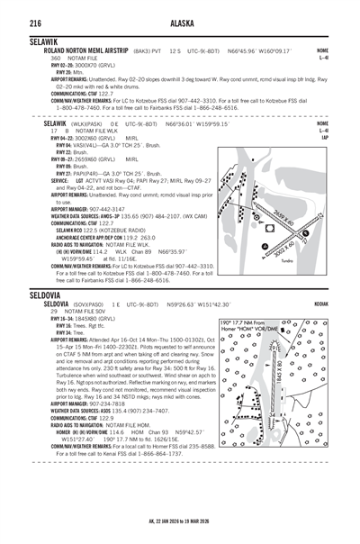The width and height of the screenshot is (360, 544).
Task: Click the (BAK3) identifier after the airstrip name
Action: [x=130, y=50]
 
